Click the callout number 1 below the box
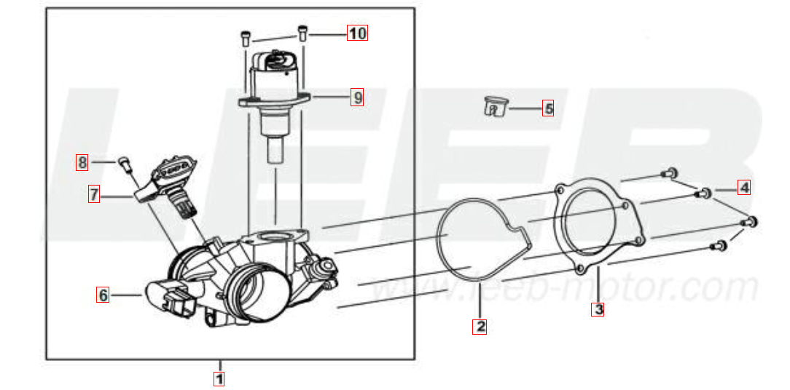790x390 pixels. [219, 378]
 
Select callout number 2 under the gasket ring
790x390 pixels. [479, 327]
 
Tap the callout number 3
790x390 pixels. [598, 309]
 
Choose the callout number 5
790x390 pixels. [547, 108]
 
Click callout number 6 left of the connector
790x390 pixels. [103, 295]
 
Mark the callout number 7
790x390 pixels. [94, 194]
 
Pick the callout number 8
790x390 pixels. [82, 162]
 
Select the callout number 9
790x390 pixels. [356, 97]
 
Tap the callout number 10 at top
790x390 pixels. [356, 33]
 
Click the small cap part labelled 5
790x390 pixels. [496, 106]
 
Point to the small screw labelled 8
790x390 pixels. [124, 164]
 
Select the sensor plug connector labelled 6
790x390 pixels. [171, 299]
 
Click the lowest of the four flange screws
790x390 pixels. [718, 247]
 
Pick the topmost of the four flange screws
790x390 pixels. [668, 174]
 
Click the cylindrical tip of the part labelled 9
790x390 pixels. [275, 150]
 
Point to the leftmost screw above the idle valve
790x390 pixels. [245, 39]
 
